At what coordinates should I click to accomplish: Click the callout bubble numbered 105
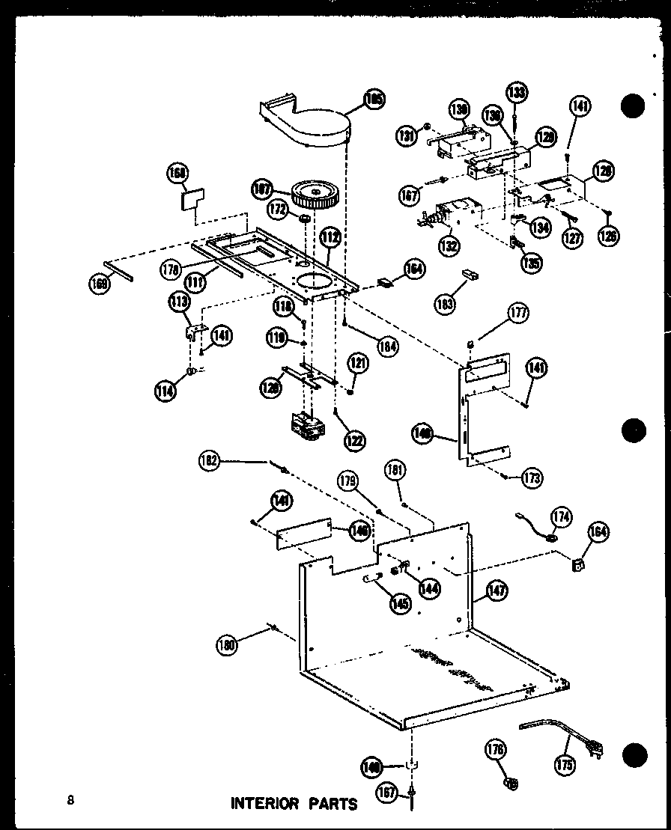(373, 99)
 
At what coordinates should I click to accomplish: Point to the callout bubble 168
(177, 173)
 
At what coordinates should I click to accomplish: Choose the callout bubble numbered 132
(449, 245)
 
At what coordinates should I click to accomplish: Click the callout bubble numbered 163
(447, 302)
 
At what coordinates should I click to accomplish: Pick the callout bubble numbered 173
(533, 477)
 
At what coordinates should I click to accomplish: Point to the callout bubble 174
(560, 516)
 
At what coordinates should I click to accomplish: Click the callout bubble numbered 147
(496, 591)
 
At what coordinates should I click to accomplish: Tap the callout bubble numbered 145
(401, 603)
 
